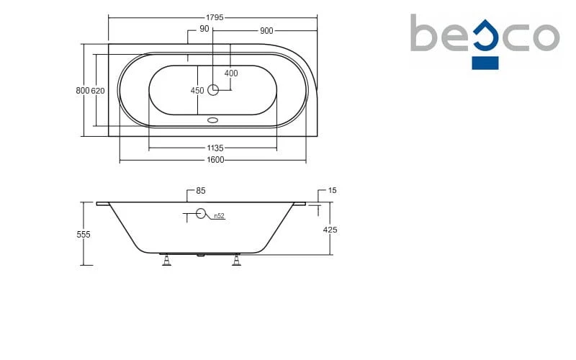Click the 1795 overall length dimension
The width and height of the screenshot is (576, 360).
pos(215,17)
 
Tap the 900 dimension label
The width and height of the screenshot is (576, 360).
pos(266,31)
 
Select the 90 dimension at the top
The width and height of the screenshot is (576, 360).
pos(204,29)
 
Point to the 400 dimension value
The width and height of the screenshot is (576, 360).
pos(231,73)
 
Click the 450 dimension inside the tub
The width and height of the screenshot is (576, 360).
pos(197,91)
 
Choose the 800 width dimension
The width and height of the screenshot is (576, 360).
pos(83,91)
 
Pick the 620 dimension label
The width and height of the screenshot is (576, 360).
pos(98,91)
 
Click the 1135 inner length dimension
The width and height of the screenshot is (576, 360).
pos(215,148)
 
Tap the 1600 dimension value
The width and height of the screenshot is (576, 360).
pos(215,160)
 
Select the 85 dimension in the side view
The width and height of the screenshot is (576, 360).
pos(201,191)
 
